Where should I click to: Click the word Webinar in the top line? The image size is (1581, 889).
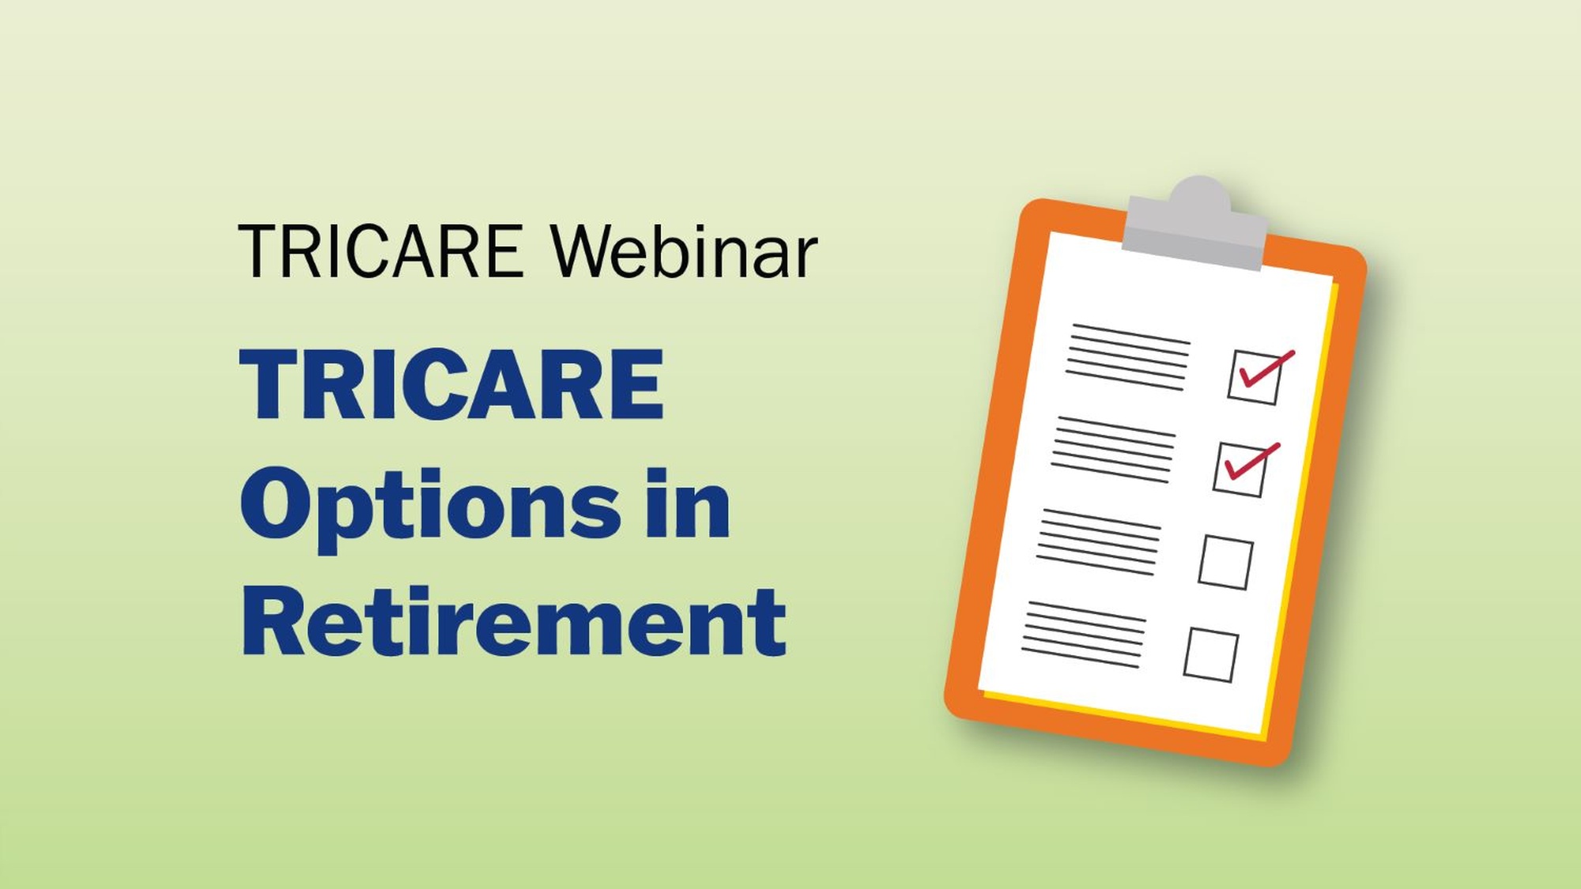point(685,251)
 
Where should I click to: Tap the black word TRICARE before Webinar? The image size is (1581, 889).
point(380,251)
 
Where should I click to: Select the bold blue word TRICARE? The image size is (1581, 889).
point(451,385)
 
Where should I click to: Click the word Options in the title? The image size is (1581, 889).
point(431,506)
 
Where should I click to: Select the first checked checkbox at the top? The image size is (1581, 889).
point(1255,378)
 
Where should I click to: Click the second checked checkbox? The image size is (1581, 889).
point(1240,469)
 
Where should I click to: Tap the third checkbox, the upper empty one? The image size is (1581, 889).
point(1225,563)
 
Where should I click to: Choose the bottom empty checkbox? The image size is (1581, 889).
point(1210,655)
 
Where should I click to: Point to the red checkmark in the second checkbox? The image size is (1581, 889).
point(1251,461)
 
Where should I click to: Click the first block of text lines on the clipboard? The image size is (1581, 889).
point(1128,357)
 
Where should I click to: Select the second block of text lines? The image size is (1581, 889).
point(1113,449)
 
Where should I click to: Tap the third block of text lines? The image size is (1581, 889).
point(1098,542)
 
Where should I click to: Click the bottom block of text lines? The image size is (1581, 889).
point(1083,635)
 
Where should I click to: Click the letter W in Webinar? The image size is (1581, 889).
point(587,251)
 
